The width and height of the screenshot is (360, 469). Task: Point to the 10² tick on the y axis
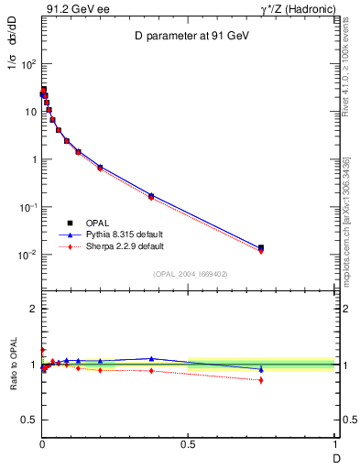tap(27, 64)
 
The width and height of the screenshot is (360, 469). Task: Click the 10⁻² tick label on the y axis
tap(27, 255)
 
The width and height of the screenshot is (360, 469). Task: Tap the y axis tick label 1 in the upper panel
tap(33, 159)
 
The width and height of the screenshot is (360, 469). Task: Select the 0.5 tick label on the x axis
tap(189, 445)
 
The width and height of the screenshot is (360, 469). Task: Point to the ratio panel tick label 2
tap(33, 309)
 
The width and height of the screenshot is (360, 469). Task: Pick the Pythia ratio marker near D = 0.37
tap(151, 358)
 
